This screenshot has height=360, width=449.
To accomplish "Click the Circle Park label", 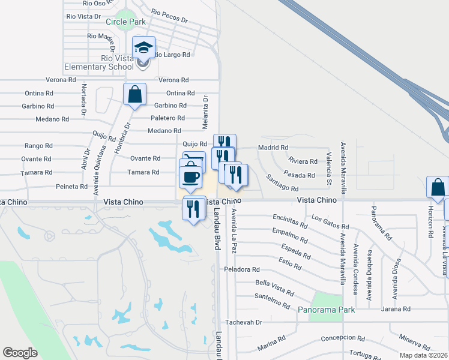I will (125, 22).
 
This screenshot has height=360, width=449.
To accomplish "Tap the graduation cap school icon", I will (144, 47).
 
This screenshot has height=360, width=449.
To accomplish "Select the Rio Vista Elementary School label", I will (117, 62).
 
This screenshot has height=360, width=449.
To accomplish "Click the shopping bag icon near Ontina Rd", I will (134, 94).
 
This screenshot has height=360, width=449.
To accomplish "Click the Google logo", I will (20, 353).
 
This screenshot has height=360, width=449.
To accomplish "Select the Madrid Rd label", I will (273, 148).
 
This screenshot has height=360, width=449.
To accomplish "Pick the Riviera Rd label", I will (303, 161).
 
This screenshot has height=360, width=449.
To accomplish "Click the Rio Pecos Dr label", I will (169, 16).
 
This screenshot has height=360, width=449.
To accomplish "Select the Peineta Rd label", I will (71, 187).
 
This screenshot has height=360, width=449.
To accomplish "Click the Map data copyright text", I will (423, 355).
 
